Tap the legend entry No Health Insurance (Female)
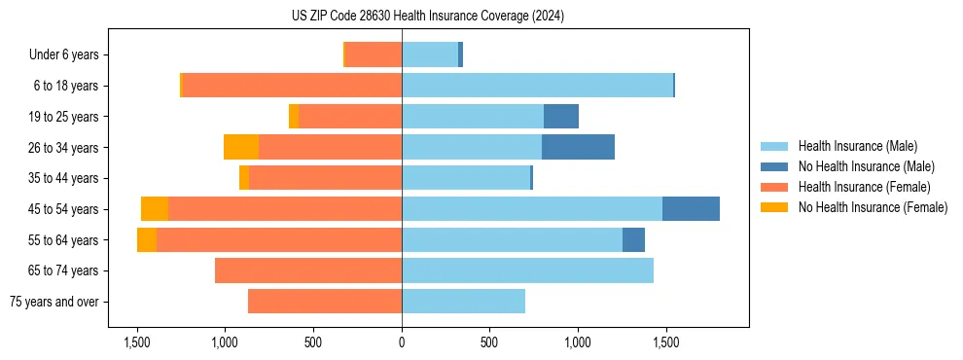click(x=873, y=207)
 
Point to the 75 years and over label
click(x=53, y=302)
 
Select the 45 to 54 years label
click(x=63, y=209)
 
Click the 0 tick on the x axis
click(x=402, y=342)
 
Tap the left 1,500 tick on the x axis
click(x=136, y=342)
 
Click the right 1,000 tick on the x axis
click(x=578, y=342)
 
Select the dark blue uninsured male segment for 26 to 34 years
click(x=578, y=147)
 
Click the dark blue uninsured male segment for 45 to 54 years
click(x=691, y=209)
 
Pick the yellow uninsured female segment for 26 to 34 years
click(x=241, y=147)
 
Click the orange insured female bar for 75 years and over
click(x=325, y=302)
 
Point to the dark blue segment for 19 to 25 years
click(x=561, y=117)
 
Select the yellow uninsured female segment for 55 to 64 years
click(x=147, y=239)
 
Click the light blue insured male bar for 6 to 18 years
click(x=537, y=86)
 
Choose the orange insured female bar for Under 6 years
click(x=374, y=55)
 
